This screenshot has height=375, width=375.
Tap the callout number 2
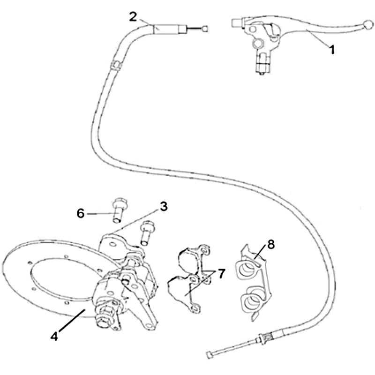coord(133,17)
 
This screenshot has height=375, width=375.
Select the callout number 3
coord(164,207)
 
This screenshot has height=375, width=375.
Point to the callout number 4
coord(54,337)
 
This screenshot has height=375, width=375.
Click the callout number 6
coord(81,213)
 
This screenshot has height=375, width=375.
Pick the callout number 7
coord(221,274)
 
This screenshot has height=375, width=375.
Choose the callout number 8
coord(271,244)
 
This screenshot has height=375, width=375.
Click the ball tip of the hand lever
coord(367,24)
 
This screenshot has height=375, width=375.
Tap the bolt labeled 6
coord(118,210)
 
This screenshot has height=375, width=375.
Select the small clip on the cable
coord(115,65)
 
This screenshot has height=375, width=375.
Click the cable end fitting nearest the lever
coord(205,29)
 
